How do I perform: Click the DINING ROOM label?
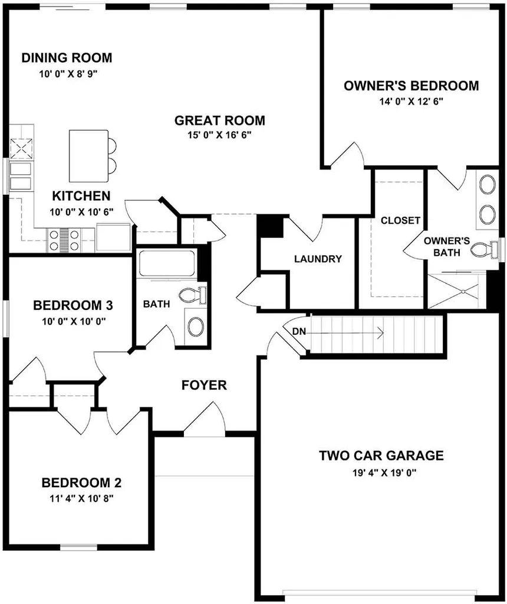[x=67, y=58]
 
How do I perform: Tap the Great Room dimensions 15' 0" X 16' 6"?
[x=220, y=135]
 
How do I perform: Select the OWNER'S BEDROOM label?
[x=411, y=86]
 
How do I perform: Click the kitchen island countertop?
[x=88, y=156]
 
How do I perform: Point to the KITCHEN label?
[x=81, y=196]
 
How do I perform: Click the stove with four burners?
[x=64, y=240]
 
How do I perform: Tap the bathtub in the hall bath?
[x=167, y=263]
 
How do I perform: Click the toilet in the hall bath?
[x=193, y=295]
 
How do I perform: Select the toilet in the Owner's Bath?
[x=486, y=249]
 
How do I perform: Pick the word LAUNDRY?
[x=318, y=259]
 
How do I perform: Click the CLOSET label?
[x=400, y=220]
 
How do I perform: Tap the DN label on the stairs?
[x=299, y=331]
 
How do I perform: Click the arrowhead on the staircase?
[x=381, y=333]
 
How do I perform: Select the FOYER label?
[x=204, y=385]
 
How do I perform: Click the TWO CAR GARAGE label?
[x=381, y=456]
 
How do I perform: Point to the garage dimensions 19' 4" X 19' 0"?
[x=385, y=473]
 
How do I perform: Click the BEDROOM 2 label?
[x=81, y=482]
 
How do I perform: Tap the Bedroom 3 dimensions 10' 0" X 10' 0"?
[x=74, y=321]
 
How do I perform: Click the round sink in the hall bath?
[x=196, y=327]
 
